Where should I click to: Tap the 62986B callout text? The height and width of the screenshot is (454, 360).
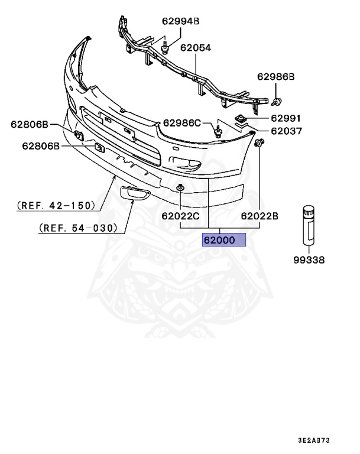275,77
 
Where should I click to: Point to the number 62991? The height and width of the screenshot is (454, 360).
287,119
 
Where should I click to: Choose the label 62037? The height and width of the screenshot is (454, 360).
287,131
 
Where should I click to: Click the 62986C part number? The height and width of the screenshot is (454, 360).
182,123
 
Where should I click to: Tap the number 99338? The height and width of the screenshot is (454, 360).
310,260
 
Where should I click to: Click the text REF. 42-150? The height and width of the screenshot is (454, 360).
56,206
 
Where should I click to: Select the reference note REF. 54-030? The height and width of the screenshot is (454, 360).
77,228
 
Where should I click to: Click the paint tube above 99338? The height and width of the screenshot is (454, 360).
309,225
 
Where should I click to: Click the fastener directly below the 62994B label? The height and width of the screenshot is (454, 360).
165,44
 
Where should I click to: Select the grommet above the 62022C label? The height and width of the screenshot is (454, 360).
180,189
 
